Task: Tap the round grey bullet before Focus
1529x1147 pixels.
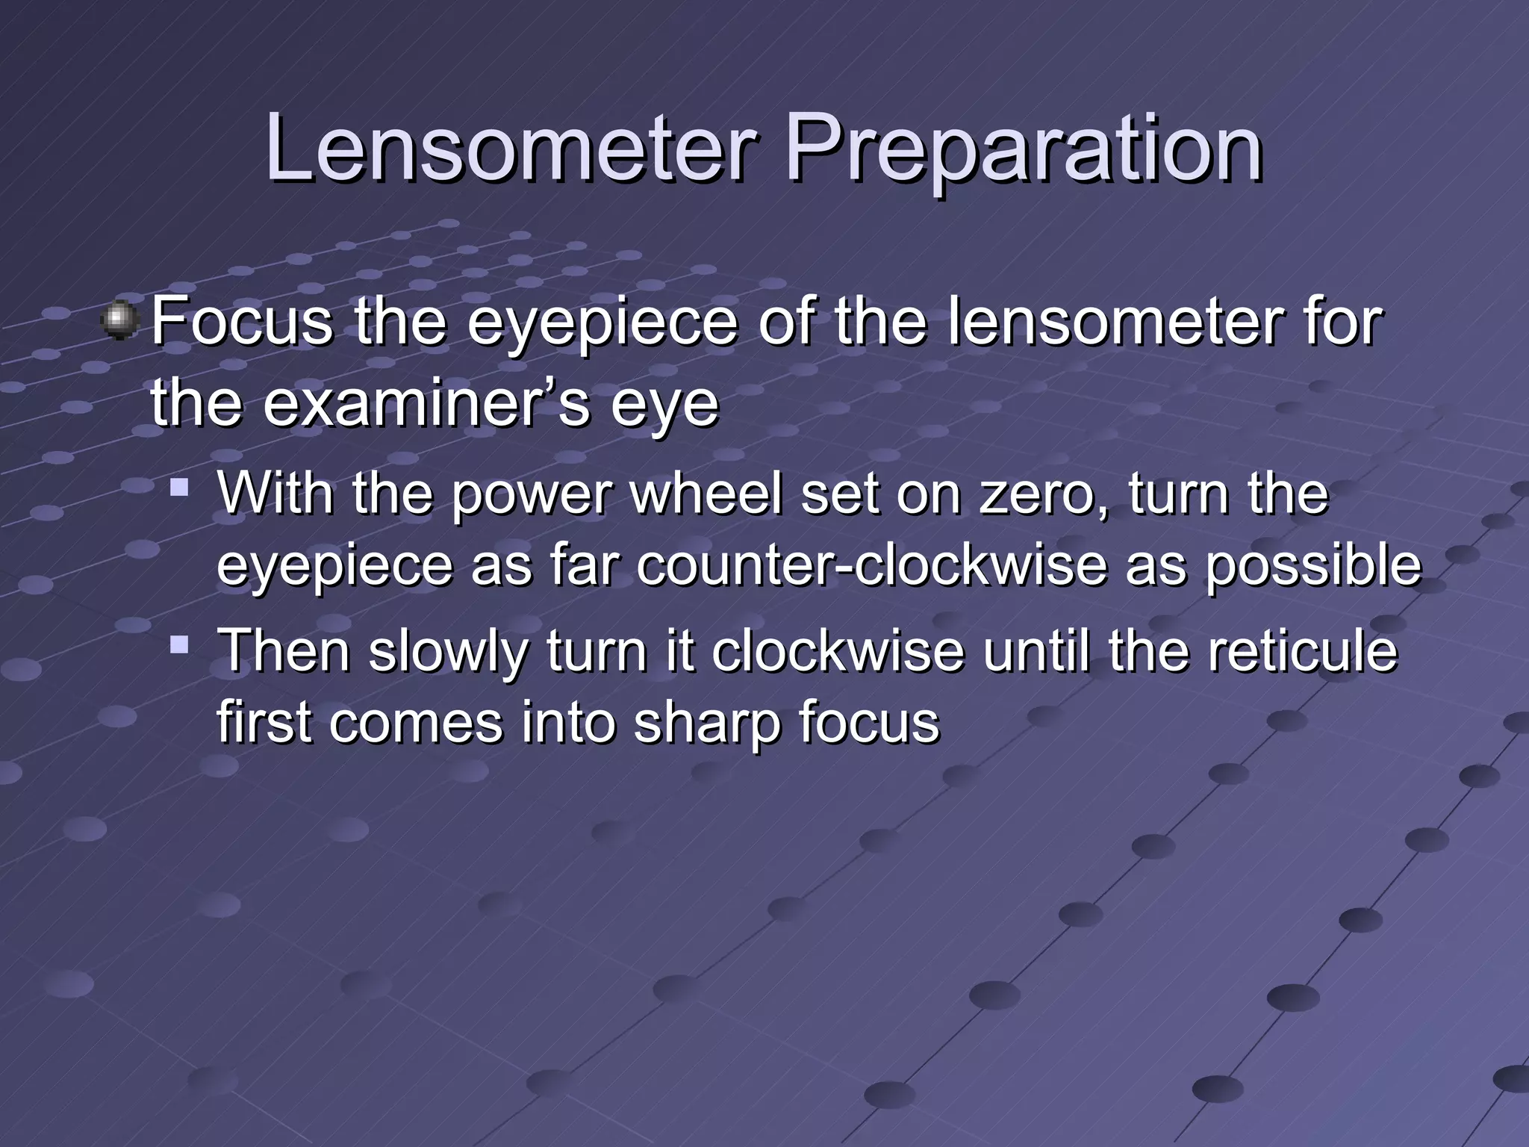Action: (119, 322)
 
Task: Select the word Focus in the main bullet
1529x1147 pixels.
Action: (242, 322)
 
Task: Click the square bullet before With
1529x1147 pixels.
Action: (178, 489)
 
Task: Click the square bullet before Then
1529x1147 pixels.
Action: (178, 643)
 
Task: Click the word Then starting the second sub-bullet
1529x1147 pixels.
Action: (284, 650)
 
